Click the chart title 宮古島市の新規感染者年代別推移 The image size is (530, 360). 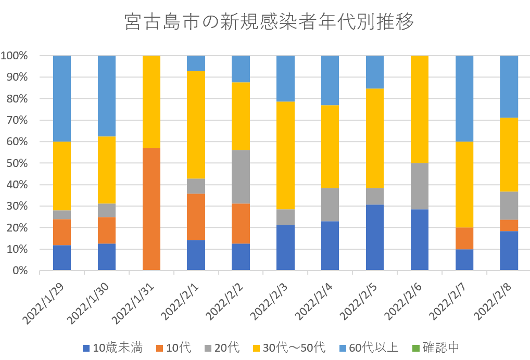click(x=270, y=22)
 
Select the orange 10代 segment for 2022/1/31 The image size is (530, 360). click(x=151, y=209)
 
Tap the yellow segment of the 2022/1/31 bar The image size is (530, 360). click(x=151, y=101)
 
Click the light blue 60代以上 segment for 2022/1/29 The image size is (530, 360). click(x=62, y=98)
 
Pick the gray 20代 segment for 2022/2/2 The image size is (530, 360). click(x=241, y=177)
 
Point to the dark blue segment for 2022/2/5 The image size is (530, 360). click(x=375, y=237)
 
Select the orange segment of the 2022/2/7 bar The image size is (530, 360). click(x=464, y=238)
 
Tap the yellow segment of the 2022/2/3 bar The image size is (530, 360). click(x=285, y=156)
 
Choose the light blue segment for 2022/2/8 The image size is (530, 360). click(x=509, y=86)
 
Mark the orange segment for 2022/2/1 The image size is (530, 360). click(x=196, y=217)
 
